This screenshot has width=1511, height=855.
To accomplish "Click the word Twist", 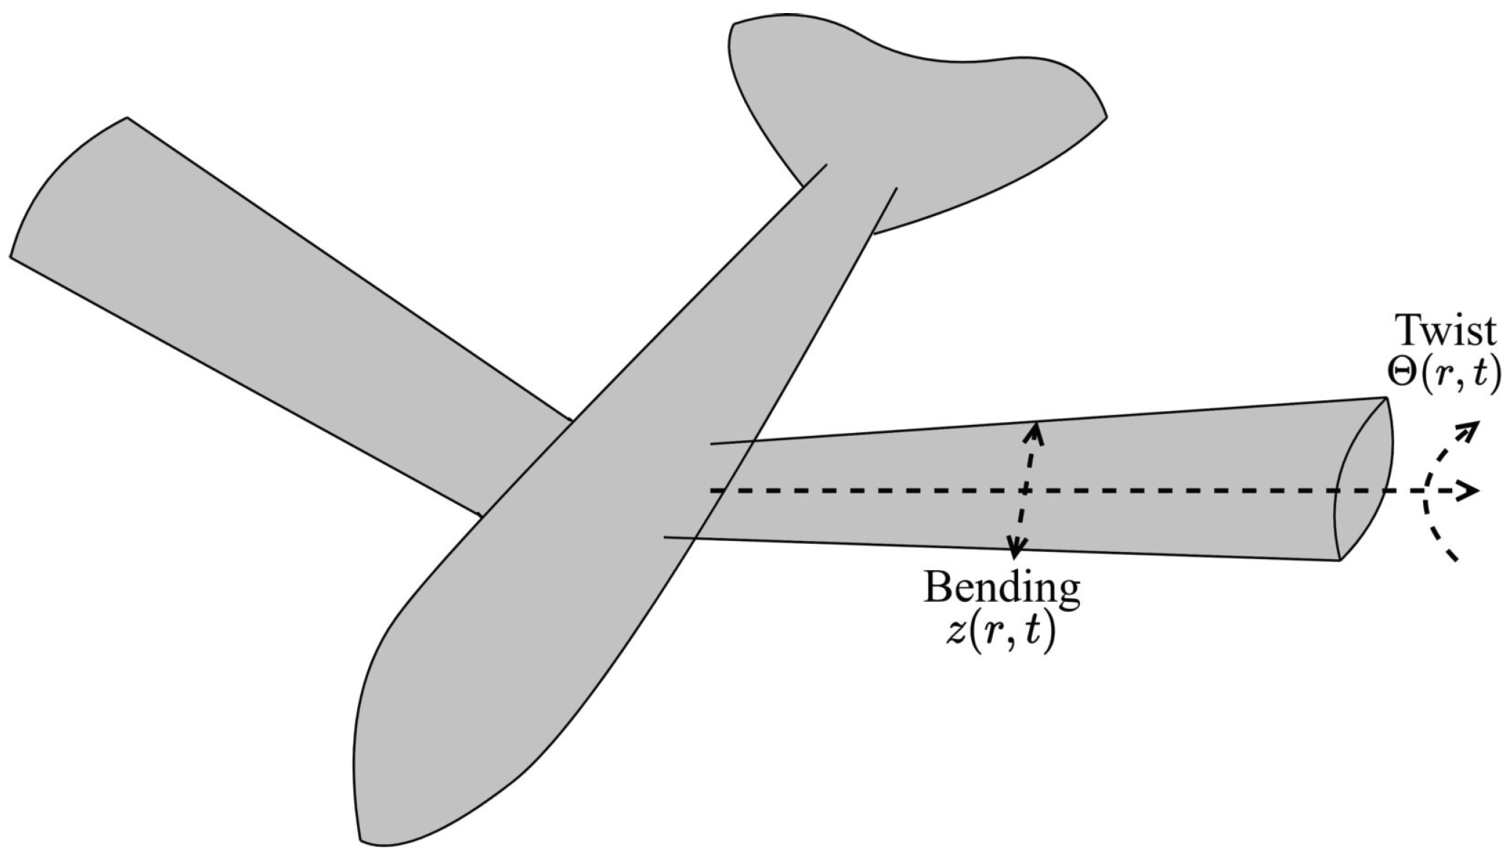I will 1446,331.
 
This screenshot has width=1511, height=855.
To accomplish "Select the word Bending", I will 1002,588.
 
